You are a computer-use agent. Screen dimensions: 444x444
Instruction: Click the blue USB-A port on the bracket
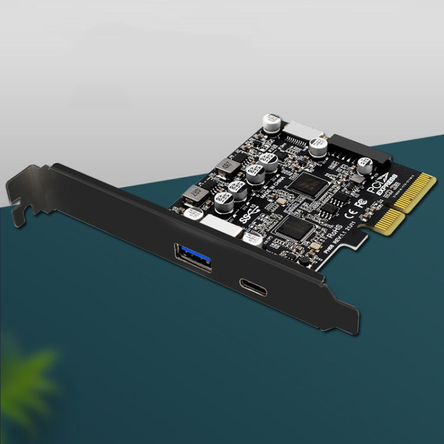click(x=193, y=258)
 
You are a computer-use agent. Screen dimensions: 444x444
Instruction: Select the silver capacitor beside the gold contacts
click(x=365, y=166)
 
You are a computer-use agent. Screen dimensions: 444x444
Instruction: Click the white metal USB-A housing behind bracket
click(x=223, y=226)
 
